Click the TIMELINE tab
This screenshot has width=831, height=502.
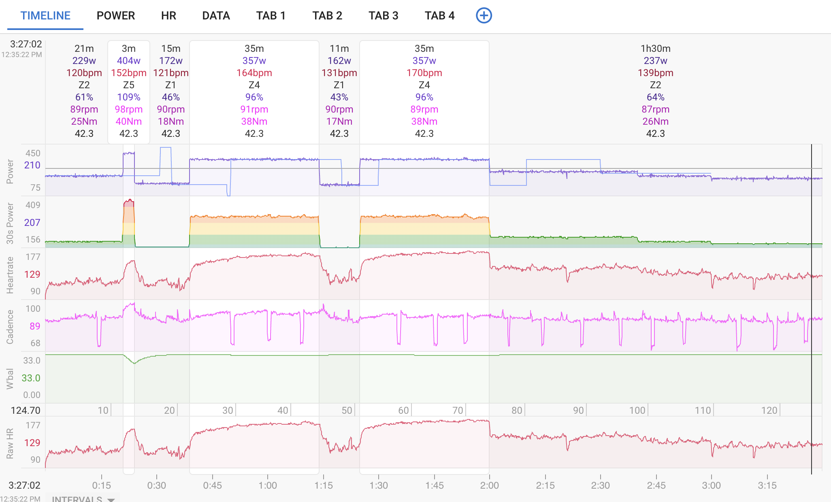point(45,16)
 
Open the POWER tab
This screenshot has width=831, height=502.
point(116,16)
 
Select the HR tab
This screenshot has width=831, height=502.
point(168,16)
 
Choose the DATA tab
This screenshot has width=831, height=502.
point(216,16)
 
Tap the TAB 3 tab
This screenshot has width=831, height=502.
point(384,16)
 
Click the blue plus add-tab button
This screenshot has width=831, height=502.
point(484,15)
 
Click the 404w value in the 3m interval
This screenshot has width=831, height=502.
point(129,61)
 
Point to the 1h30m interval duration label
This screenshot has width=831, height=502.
point(655,49)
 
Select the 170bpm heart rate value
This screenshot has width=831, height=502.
point(424,73)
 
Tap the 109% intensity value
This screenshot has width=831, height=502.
point(129,97)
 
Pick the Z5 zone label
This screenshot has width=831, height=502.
point(129,85)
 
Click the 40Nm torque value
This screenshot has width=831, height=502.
point(129,121)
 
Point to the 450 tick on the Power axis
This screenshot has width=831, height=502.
point(33,153)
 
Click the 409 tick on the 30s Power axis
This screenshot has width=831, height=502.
point(33,205)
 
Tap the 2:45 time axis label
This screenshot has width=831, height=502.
point(656,485)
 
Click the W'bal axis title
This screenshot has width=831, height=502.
point(10,379)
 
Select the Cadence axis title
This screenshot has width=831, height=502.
point(10,327)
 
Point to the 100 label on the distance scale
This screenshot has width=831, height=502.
point(637,411)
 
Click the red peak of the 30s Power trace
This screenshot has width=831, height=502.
point(129,200)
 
